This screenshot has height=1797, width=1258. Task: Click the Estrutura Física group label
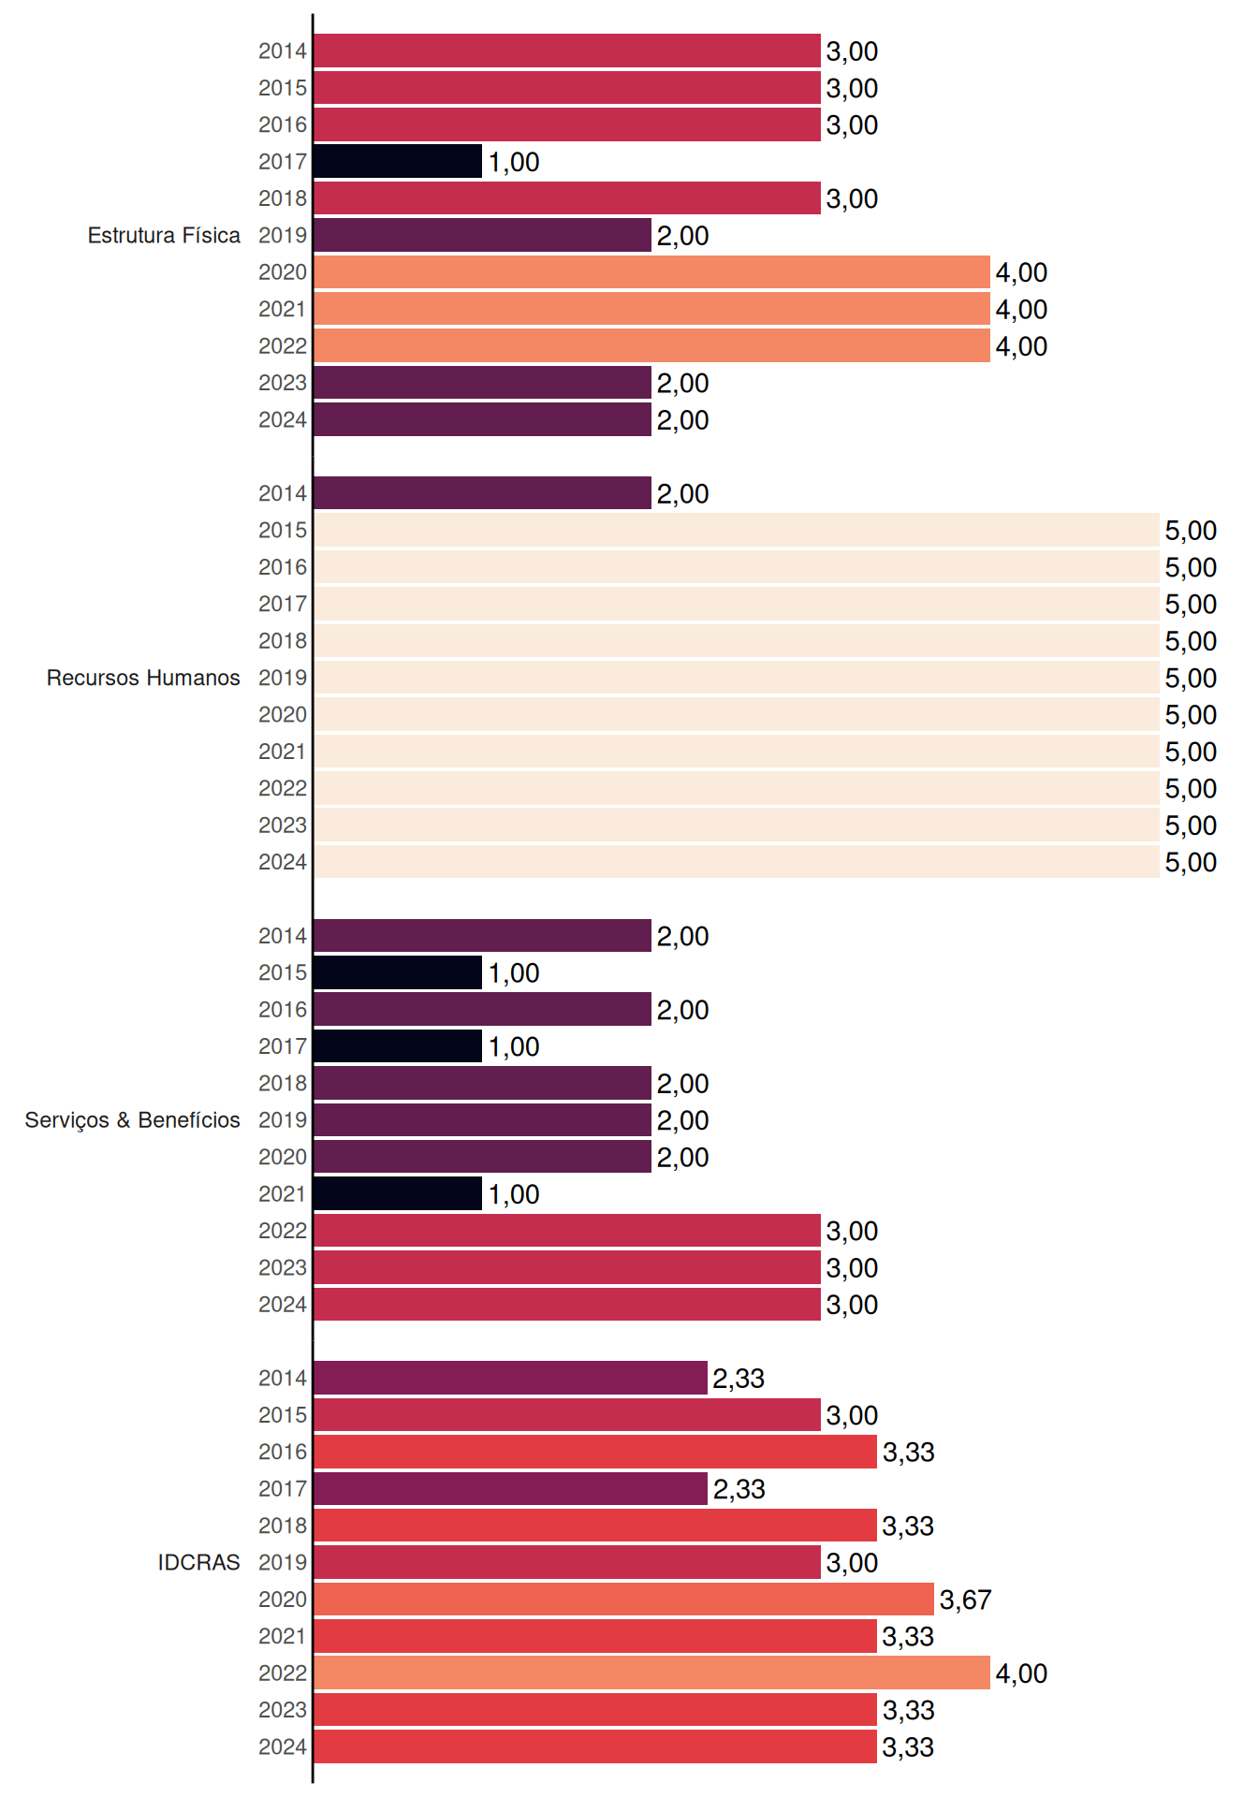click(x=164, y=235)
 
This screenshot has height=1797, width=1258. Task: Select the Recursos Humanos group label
click(x=143, y=678)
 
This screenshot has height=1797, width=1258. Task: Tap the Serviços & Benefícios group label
click(x=132, y=1120)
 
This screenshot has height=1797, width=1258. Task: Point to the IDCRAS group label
click(x=198, y=1562)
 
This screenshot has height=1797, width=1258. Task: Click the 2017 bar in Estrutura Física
click(x=398, y=161)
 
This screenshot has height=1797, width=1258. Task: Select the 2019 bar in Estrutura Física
click(x=483, y=235)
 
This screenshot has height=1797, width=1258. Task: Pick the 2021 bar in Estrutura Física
click(x=652, y=309)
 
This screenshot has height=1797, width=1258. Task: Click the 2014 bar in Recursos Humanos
click(x=483, y=493)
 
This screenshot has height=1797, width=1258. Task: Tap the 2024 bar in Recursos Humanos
click(x=737, y=862)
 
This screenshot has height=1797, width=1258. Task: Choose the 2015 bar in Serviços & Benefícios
click(x=398, y=972)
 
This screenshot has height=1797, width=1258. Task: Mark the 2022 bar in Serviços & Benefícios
click(x=567, y=1231)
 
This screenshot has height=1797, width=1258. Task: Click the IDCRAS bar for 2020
click(x=624, y=1600)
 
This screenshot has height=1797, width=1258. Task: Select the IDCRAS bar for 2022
click(x=652, y=1673)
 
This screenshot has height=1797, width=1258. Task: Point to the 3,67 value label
click(x=965, y=1600)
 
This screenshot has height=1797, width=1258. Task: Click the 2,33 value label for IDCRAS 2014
click(x=739, y=1379)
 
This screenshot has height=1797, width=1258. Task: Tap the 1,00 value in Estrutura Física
click(x=514, y=162)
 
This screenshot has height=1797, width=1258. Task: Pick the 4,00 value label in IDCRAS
click(x=1021, y=1673)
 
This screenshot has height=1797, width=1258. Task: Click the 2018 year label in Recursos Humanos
click(x=283, y=641)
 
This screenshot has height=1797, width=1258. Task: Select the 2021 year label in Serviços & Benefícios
click(x=283, y=1194)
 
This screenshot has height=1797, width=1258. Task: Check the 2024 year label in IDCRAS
click(x=283, y=1747)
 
